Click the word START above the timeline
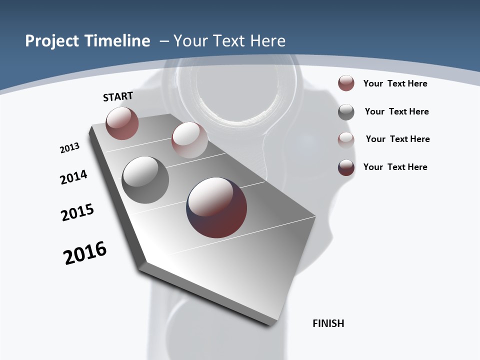[118, 96]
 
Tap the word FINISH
[328, 323]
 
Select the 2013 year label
[70, 148]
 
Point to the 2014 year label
[74, 177]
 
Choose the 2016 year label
[85, 253]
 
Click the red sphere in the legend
[346, 83]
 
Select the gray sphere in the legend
[346, 112]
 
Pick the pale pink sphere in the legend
[346, 140]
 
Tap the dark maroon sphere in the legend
[346, 167]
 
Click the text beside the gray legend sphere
[396, 111]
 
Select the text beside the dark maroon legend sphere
[395, 167]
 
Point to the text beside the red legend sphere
[395, 83]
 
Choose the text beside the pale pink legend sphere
[397, 139]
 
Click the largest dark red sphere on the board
[216, 207]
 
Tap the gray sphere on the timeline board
[145, 180]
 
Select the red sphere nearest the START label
[122, 123]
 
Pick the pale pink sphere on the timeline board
[189, 140]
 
